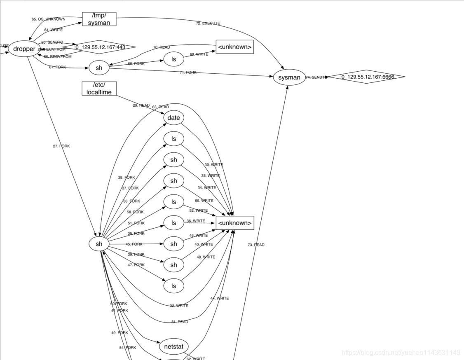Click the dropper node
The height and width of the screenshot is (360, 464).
tap(24, 49)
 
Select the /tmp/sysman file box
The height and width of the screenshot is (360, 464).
tap(99, 19)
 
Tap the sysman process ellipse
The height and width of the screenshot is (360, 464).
tap(289, 77)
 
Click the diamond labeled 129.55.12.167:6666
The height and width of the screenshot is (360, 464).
tap(366, 77)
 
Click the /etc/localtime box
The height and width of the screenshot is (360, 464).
tap(99, 89)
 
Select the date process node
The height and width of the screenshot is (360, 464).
tap(173, 118)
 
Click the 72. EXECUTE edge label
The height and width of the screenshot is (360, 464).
tap(208, 23)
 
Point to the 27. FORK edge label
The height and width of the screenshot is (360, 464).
tap(61, 146)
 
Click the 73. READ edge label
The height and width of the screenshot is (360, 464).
tap(256, 245)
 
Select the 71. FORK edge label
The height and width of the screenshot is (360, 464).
tap(188, 72)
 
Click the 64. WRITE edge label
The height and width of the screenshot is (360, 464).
tap(53, 30)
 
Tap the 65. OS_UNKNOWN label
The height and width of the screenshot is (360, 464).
tap(48, 19)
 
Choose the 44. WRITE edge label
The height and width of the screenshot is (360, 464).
tap(220, 298)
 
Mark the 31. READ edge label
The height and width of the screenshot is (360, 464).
tap(180, 322)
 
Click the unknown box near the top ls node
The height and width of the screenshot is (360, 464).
tap(234, 47)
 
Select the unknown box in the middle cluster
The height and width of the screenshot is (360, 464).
tap(234, 223)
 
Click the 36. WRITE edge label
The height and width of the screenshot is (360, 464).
tap(196, 221)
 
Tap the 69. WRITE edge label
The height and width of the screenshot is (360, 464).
tap(199, 54)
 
